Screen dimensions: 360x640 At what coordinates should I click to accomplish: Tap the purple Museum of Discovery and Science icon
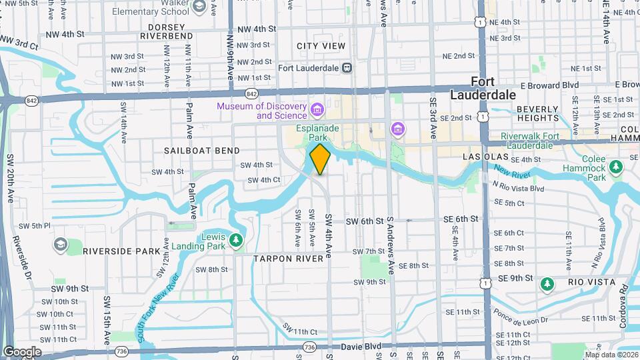(x=317, y=109)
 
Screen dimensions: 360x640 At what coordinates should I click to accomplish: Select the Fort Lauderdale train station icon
(x=347, y=67)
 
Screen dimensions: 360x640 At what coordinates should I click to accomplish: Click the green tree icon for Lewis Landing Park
(x=235, y=239)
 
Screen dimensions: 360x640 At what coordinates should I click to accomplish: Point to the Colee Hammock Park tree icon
(x=617, y=165)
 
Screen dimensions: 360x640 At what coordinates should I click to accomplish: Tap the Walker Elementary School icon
(x=199, y=6)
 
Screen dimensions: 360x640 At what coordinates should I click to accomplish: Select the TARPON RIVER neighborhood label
(x=293, y=257)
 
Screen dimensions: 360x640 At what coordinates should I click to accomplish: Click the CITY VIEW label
(x=321, y=46)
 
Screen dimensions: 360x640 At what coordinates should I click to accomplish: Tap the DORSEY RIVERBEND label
(x=161, y=31)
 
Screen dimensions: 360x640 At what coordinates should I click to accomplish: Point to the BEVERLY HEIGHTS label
(x=537, y=113)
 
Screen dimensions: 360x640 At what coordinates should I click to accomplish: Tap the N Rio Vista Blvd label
(x=519, y=189)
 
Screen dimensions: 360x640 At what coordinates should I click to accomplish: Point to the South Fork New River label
(x=159, y=307)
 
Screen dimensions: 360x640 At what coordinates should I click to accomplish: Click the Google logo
(x=22, y=351)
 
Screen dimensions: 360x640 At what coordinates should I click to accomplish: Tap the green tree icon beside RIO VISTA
(x=547, y=285)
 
